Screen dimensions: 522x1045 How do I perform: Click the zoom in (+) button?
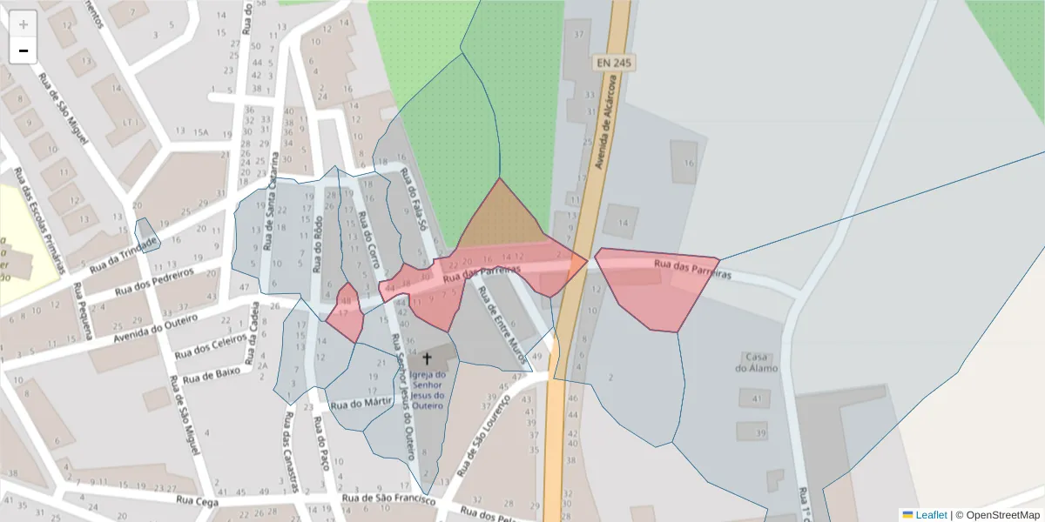24,23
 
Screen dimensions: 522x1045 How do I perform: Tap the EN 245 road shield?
614,63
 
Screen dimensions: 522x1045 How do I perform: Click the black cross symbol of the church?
427,358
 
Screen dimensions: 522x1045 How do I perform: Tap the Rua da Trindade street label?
124,253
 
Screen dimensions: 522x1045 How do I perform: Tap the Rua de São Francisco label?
388,499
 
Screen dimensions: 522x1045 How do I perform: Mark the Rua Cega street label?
194,500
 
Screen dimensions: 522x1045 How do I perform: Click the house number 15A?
202,132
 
